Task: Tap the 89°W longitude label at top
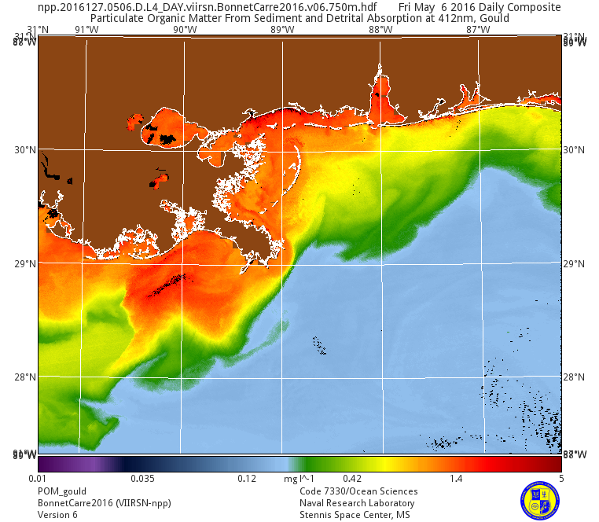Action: coord(282,30)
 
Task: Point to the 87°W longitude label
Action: coord(478,30)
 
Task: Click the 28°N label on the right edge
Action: coord(575,377)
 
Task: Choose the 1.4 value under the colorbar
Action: coord(456,478)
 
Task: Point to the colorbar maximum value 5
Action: coord(560,478)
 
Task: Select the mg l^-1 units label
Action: coord(299,478)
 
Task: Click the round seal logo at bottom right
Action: coord(540,500)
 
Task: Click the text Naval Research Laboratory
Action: coord(357,503)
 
